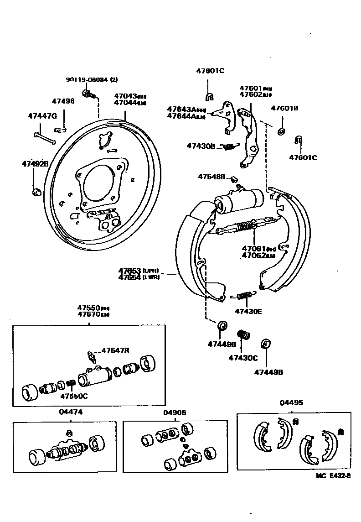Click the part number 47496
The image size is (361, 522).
click(x=63, y=101)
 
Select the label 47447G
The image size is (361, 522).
click(x=41, y=116)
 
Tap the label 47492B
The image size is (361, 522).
click(x=35, y=163)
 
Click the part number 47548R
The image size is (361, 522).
click(x=211, y=176)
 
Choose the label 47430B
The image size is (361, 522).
click(x=201, y=146)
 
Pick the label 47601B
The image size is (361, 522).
click(x=284, y=109)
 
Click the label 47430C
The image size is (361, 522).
click(x=243, y=358)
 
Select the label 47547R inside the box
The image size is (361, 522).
click(x=115, y=350)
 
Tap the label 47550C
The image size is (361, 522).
click(x=74, y=396)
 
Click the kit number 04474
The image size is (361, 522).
click(x=68, y=412)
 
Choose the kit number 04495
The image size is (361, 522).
click(x=291, y=403)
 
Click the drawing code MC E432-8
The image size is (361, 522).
click(x=333, y=476)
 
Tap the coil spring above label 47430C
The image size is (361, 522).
click(x=245, y=335)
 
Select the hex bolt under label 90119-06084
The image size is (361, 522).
click(x=87, y=94)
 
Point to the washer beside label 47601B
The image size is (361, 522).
click(x=281, y=132)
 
